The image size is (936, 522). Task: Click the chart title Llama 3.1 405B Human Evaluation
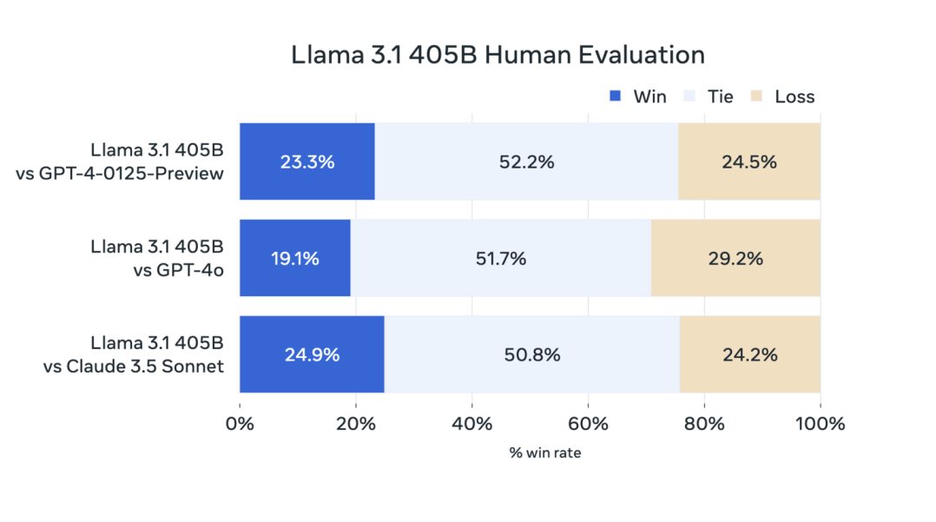(x=498, y=55)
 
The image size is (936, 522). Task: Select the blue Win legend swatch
(x=616, y=96)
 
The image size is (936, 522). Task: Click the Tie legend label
(x=721, y=96)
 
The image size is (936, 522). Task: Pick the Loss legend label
(x=794, y=96)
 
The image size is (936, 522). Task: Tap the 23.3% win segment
(x=307, y=162)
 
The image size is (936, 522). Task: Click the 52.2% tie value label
(x=526, y=162)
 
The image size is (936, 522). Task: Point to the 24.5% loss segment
(x=748, y=162)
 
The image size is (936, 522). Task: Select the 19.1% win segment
(x=295, y=258)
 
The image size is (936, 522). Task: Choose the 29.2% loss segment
(x=735, y=258)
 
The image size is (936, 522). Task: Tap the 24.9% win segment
(x=312, y=354)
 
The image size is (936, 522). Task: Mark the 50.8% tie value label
(x=532, y=354)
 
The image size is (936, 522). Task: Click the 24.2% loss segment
(x=749, y=354)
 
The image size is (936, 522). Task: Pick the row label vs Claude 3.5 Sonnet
(x=134, y=366)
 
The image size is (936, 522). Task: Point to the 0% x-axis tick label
(x=240, y=424)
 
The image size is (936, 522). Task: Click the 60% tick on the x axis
(x=588, y=424)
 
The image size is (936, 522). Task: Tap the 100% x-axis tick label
(x=820, y=424)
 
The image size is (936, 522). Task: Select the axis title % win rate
(x=545, y=453)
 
